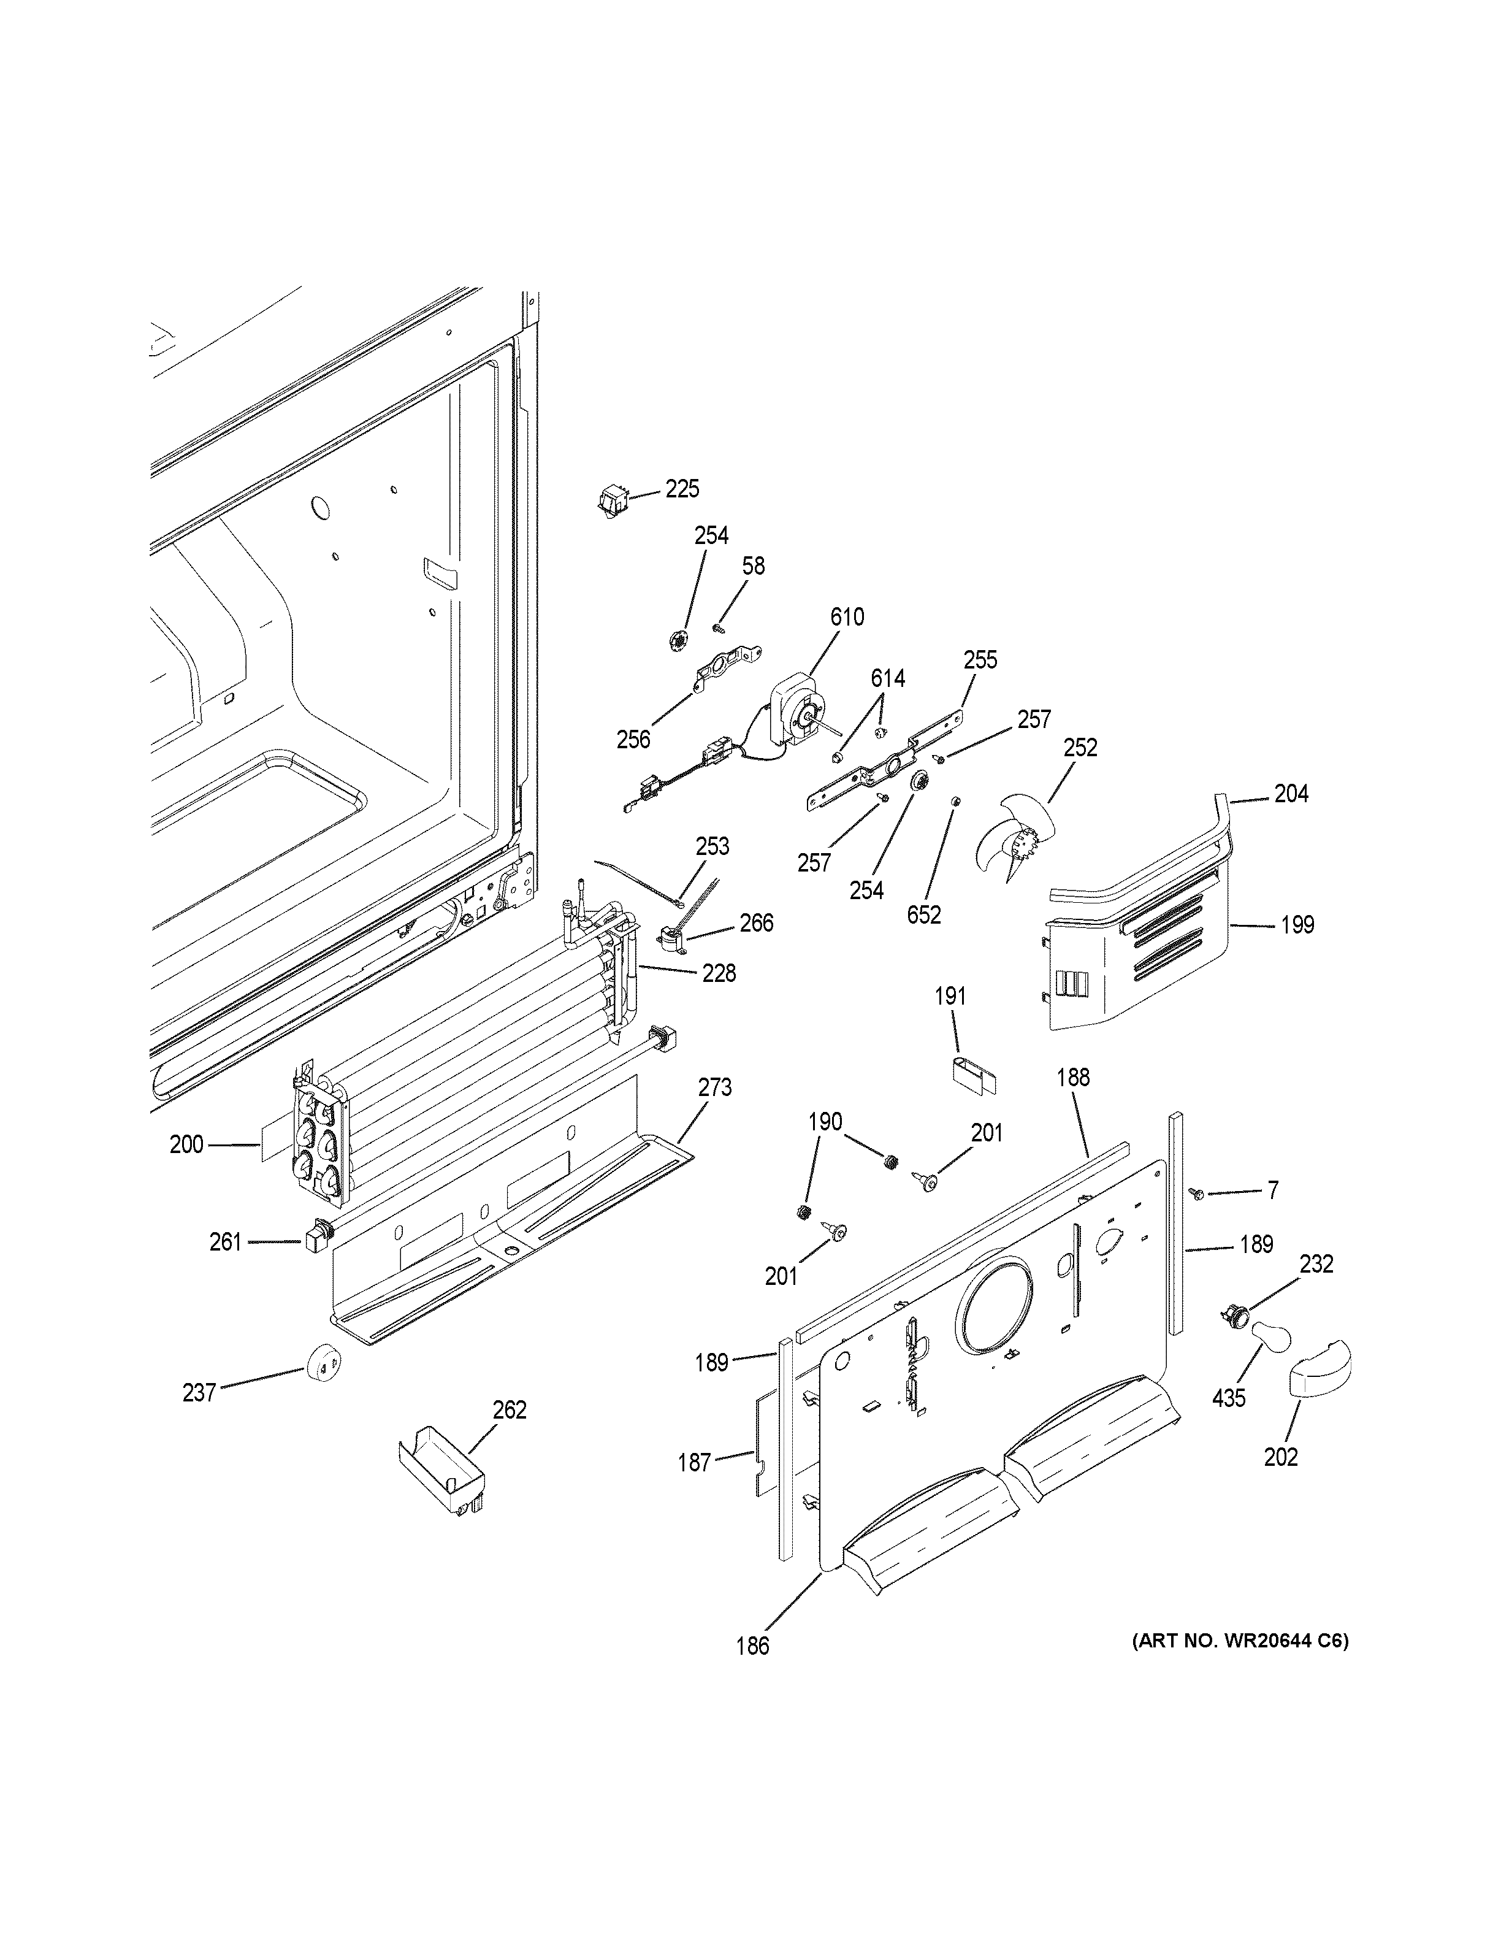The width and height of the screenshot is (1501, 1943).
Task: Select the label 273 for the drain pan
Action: (x=715, y=1087)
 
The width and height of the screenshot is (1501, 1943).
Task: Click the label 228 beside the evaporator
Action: (x=719, y=973)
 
